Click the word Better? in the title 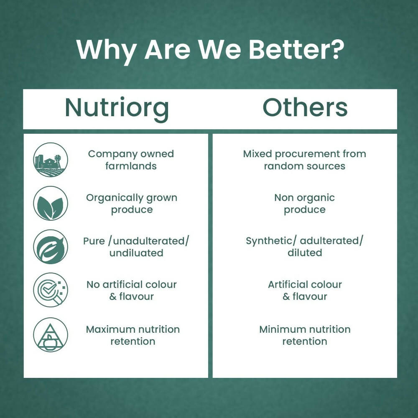click(x=296, y=50)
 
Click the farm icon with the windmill click(x=51, y=160)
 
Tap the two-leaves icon click(x=51, y=204)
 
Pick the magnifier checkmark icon click(x=51, y=290)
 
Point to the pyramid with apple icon click(x=51, y=334)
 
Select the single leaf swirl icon click(x=51, y=247)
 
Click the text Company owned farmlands click(x=131, y=160)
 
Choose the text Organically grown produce click(x=132, y=204)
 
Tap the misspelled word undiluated click(x=136, y=253)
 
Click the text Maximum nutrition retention click(x=133, y=335)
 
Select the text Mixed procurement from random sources click(x=304, y=160)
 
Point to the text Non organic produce click(x=304, y=204)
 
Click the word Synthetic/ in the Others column click(x=271, y=241)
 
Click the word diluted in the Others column click(x=305, y=252)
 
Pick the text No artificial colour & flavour click(x=132, y=291)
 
